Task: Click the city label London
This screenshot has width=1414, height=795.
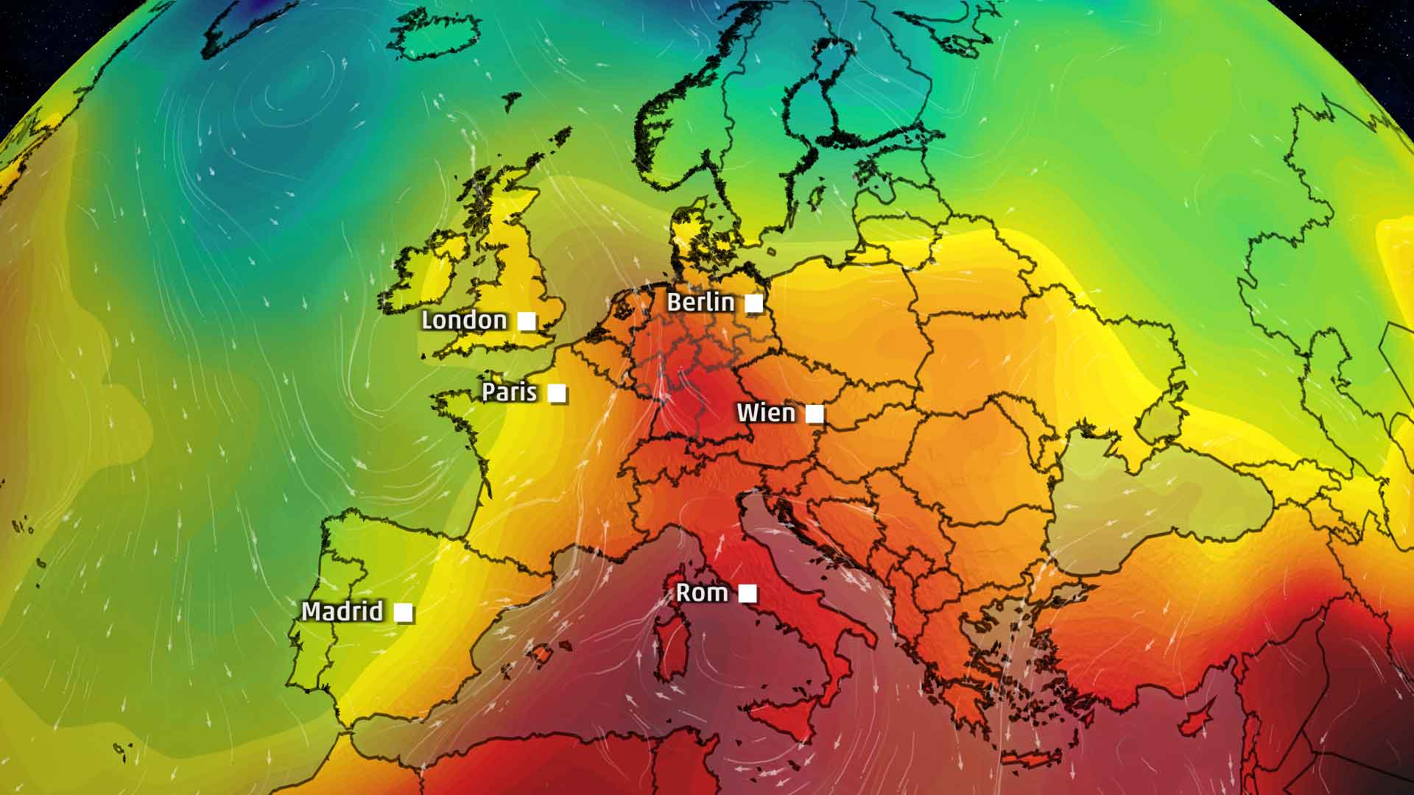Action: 464,320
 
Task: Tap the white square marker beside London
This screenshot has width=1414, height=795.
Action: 527,321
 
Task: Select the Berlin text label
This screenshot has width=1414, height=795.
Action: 700,303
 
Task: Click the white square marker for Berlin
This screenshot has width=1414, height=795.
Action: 753,303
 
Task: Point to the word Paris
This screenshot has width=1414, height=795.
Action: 509,392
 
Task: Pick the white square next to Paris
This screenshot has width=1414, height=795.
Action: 557,393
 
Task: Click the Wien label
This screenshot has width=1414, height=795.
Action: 766,413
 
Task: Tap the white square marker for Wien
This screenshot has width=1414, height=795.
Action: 814,414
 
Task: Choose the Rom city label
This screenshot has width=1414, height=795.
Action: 702,593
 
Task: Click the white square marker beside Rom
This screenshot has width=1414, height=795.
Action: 748,593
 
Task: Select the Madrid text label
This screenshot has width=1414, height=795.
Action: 342,611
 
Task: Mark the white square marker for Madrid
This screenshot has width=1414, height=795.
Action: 404,612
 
